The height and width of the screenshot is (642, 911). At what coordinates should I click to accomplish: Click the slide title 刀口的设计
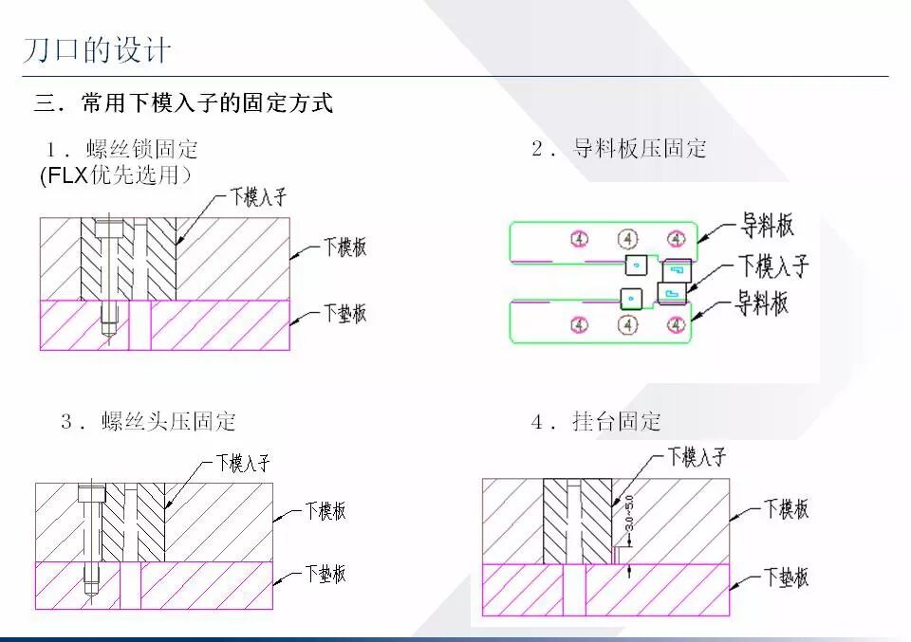(x=98, y=49)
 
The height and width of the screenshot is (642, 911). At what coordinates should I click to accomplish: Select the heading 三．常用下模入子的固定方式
(x=183, y=102)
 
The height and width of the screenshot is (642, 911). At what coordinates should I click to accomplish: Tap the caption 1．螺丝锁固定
(x=122, y=149)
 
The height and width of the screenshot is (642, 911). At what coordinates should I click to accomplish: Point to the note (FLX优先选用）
(x=116, y=175)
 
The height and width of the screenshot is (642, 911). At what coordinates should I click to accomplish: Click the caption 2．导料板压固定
(x=619, y=149)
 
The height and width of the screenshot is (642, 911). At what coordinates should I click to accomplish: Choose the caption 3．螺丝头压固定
(x=148, y=422)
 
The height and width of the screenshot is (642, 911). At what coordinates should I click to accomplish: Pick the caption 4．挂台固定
(x=596, y=422)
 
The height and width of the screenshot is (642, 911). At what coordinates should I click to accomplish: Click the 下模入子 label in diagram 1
(x=258, y=197)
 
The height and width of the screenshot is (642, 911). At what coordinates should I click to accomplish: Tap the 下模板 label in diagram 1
(x=344, y=248)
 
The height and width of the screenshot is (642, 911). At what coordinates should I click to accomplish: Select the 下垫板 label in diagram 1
(x=344, y=313)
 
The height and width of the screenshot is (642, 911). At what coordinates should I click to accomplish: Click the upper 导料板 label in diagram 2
(x=767, y=226)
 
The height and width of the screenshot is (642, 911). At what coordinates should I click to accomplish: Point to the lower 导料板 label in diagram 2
(x=763, y=304)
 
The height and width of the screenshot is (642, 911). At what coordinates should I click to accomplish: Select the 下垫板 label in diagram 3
(x=325, y=573)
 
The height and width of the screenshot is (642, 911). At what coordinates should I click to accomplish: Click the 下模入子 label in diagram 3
(x=243, y=463)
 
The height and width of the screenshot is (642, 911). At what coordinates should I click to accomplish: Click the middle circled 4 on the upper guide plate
(x=627, y=237)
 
